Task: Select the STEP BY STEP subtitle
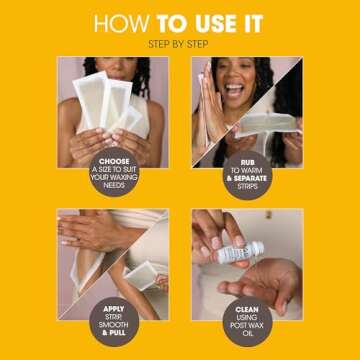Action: coord(180,44)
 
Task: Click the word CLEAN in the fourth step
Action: coord(247,310)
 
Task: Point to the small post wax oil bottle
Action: coord(240,251)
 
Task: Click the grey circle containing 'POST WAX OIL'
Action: coord(246,318)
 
